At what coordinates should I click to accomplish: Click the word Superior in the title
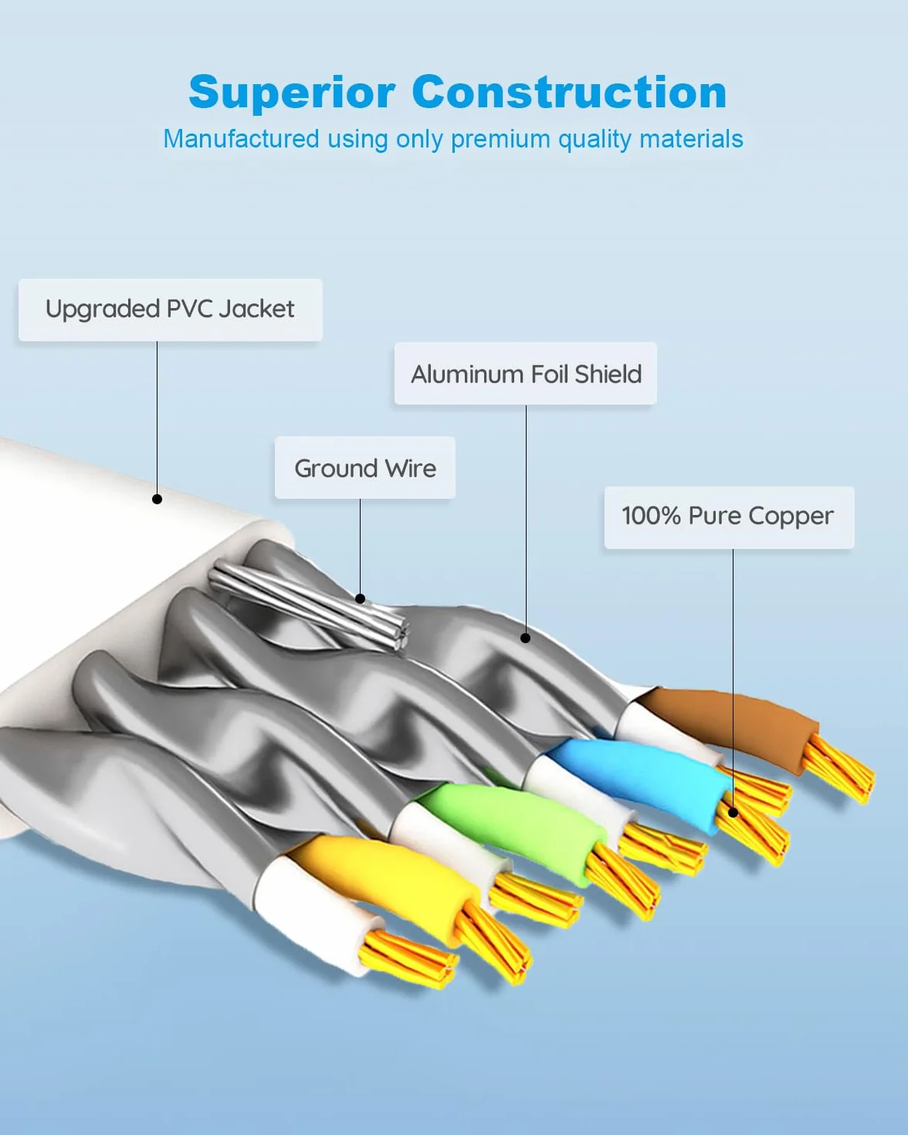(x=292, y=93)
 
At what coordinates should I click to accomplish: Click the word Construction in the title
(x=569, y=92)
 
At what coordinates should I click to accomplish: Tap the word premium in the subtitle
(x=500, y=140)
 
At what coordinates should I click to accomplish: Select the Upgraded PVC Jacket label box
(x=171, y=310)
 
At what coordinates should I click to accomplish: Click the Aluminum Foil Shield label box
(x=526, y=374)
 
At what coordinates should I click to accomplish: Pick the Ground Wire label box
(x=364, y=467)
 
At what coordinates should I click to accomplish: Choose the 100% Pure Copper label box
(x=729, y=517)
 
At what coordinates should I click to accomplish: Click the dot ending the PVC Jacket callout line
(x=157, y=499)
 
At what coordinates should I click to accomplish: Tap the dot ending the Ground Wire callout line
(x=360, y=598)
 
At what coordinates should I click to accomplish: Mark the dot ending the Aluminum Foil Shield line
(x=526, y=639)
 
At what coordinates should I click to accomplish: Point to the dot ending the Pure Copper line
(x=733, y=813)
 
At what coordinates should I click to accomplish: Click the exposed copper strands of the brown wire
(x=839, y=770)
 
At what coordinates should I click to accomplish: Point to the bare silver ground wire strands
(x=309, y=607)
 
